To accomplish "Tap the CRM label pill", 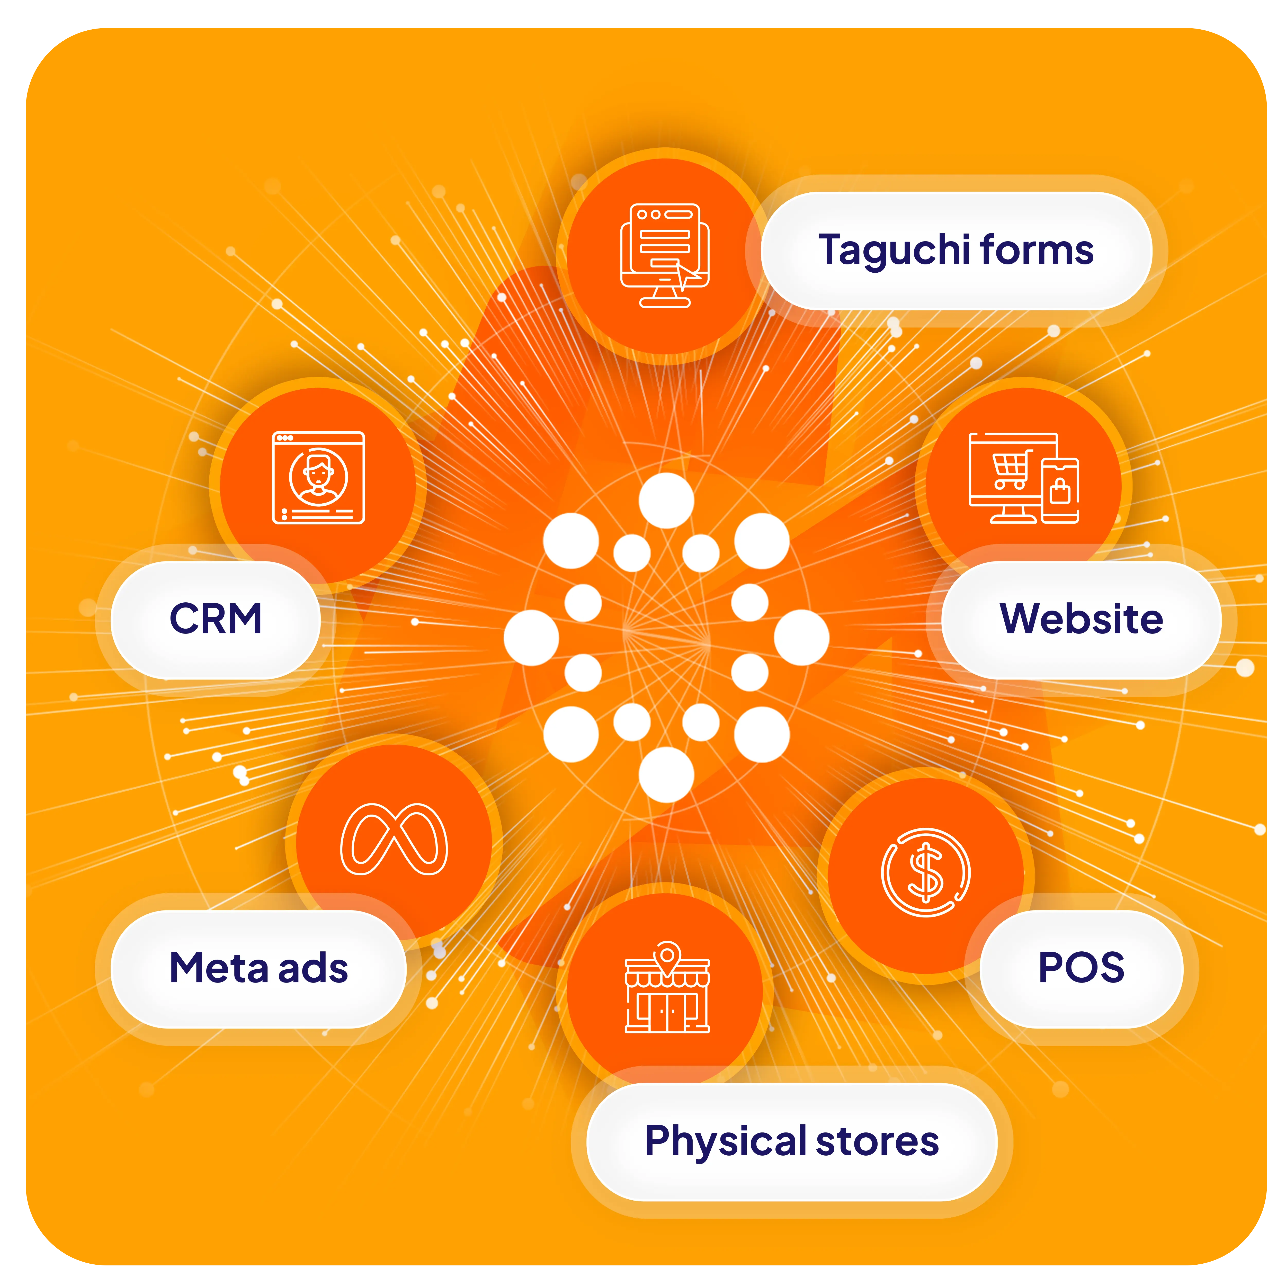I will pos(216,619).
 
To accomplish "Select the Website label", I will pos(1081,619).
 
